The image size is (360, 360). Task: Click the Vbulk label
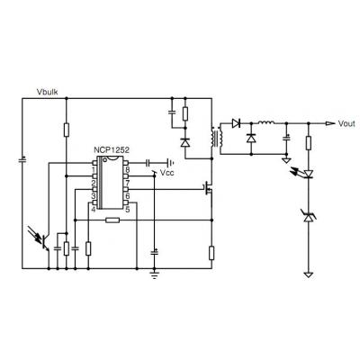(47, 92)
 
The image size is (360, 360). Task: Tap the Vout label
(346, 123)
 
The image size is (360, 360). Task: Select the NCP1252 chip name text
(112, 150)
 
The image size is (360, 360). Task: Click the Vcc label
(166, 173)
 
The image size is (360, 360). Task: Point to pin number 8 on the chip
(128, 170)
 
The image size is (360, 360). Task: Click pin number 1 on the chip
(94, 170)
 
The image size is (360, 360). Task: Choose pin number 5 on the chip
(128, 209)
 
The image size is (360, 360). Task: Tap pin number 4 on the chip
(94, 209)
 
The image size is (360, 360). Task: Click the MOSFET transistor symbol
(208, 189)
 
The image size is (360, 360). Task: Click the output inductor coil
(266, 122)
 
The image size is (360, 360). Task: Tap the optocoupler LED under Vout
(309, 174)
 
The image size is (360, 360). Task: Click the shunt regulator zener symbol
(309, 217)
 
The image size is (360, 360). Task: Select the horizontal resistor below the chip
(112, 220)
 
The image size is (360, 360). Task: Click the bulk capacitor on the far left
(22, 160)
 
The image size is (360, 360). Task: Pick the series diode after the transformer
(236, 123)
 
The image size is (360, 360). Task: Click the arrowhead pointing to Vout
(329, 123)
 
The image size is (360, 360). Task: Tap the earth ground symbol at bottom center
(155, 275)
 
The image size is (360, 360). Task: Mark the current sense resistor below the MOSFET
(211, 253)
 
